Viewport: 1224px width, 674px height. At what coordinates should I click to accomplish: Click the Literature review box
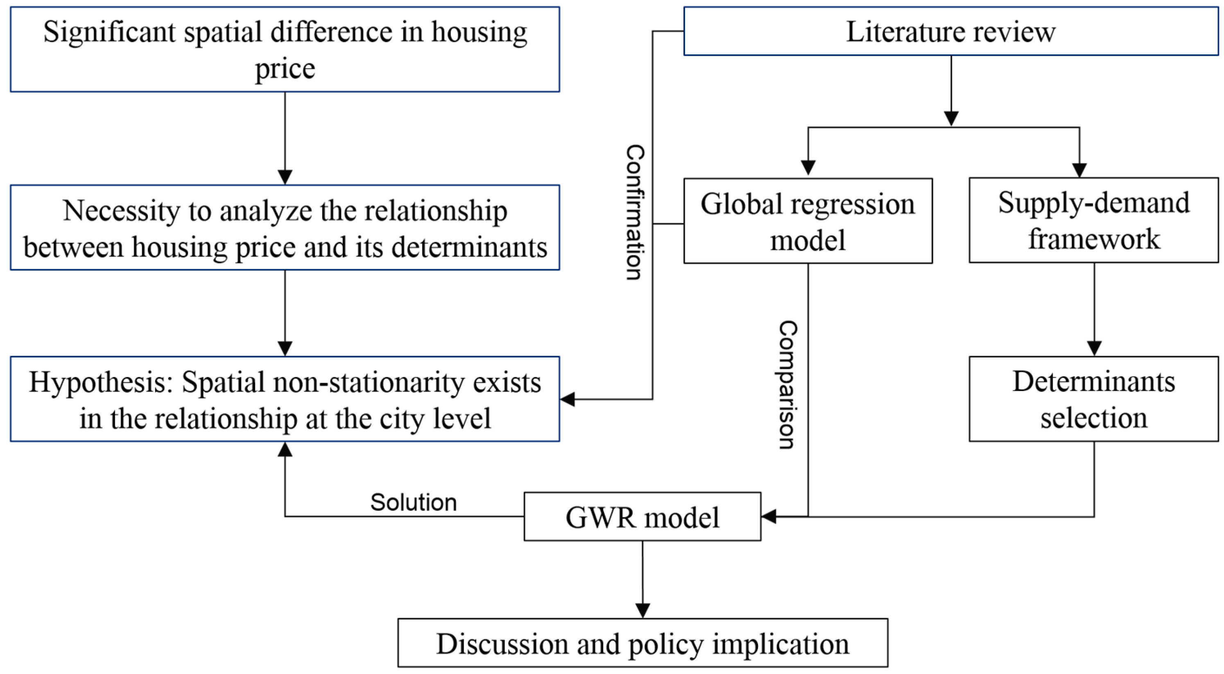(951, 31)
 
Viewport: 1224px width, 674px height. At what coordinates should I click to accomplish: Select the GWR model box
(643, 517)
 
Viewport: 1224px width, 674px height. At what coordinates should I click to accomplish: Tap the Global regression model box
(808, 221)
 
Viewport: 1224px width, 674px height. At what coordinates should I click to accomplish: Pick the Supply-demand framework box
(1094, 220)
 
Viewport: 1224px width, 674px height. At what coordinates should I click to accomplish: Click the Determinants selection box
(1094, 399)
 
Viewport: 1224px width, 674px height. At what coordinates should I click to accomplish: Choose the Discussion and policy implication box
(643, 643)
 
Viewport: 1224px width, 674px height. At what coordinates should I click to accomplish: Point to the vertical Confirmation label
(635, 212)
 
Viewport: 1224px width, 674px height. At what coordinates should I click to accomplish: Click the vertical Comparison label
(787, 385)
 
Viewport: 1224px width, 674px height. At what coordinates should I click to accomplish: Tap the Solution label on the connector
(413, 502)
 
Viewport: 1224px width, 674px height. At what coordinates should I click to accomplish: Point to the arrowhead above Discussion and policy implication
(643, 610)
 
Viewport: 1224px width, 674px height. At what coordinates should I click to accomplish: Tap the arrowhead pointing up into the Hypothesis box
(285, 449)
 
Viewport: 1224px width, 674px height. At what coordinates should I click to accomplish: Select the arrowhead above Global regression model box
(808, 168)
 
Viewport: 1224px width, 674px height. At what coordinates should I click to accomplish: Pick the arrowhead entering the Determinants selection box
(1094, 348)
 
